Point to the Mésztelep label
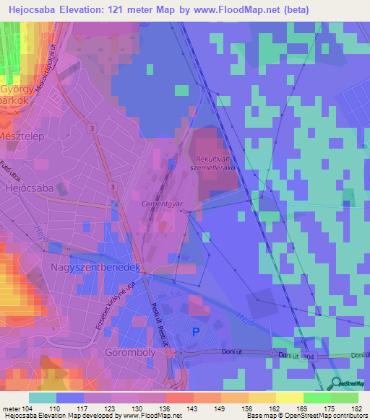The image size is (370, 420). pos(24,134)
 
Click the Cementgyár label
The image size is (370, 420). pos(160,204)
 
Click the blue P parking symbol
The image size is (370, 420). pos(197,332)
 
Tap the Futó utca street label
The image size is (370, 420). pos(9,169)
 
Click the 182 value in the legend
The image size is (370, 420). pos(347,410)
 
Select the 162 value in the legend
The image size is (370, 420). pos(264,410)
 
